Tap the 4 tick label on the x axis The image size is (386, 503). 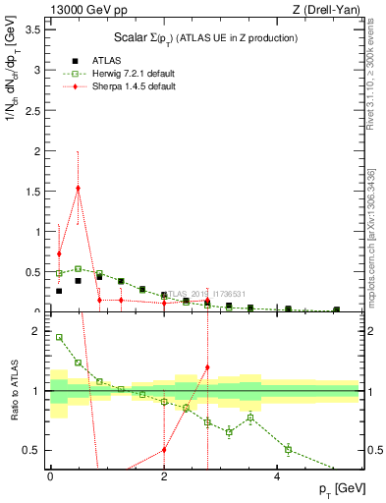coord(278,476)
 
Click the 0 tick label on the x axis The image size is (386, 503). coord(50,476)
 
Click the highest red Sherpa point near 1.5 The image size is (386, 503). coord(78,188)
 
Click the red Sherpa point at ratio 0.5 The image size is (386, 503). coord(164,450)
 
